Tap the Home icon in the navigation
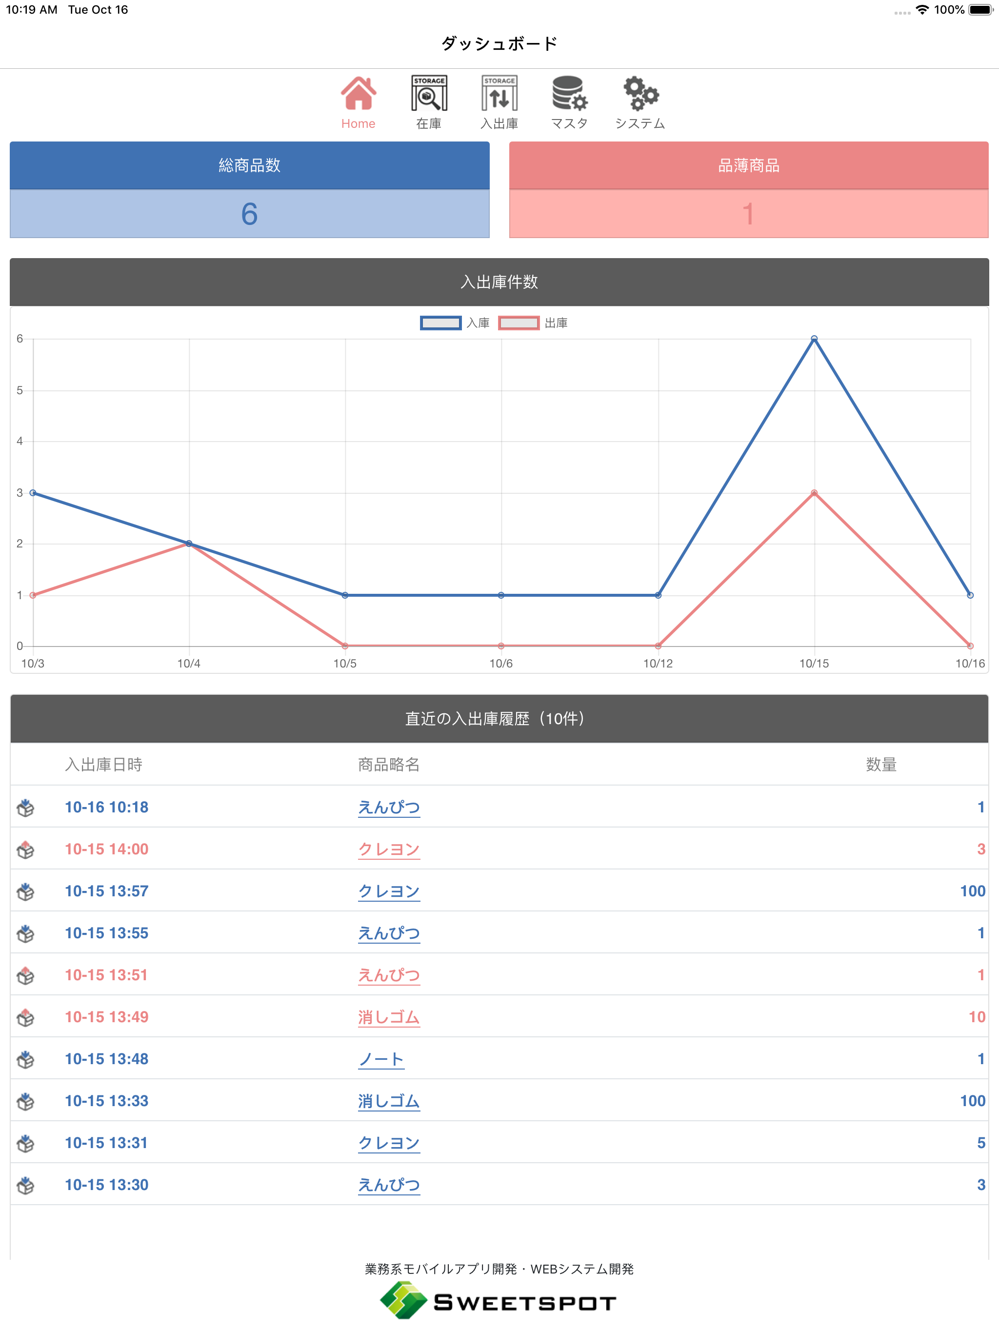click(x=359, y=93)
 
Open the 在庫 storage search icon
click(x=429, y=93)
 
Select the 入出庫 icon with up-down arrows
click(x=499, y=93)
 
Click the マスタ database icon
click(x=569, y=93)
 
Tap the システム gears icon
click(x=640, y=93)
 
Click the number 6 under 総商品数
click(x=249, y=214)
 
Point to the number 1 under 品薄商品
click(x=748, y=214)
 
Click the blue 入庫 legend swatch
click(x=441, y=323)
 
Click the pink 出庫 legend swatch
click(x=519, y=323)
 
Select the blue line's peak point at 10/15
click(x=814, y=339)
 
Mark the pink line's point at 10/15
click(x=814, y=493)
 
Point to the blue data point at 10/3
click(x=33, y=493)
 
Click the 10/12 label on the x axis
click(x=658, y=664)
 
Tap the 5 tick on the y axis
click(x=20, y=390)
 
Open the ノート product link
click(x=381, y=1059)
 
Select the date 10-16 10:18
click(x=107, y=808)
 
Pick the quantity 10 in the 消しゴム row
click(x=977, y=1017)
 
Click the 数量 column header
click(x=881, y=765)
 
